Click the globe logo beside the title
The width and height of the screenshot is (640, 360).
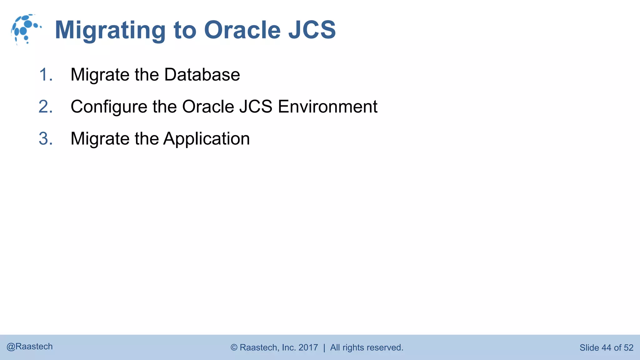(x=25, y=29)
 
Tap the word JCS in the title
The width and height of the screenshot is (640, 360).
(x=312, y=30)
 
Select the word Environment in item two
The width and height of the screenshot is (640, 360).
(x=327, y=107)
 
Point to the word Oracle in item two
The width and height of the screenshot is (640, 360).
(x=208, y=107)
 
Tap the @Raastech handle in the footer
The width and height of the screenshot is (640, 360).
(x=30, y=347)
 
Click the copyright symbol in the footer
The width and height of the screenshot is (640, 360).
(x=234, y=347)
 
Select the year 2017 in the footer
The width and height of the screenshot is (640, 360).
(x=308, y=347)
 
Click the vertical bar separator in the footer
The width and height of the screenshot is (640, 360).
(x=324, y=347)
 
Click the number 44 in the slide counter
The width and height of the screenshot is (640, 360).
(x=606, y=347)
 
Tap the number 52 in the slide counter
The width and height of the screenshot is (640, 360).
(x=628, y=347)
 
